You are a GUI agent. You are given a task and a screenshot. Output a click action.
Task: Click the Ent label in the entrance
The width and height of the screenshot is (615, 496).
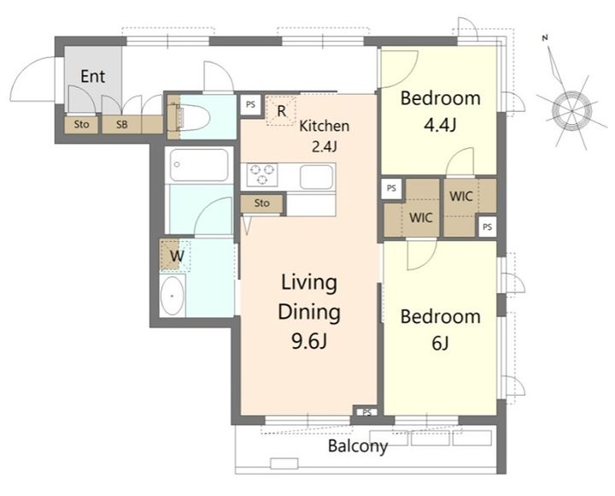click(92, 76)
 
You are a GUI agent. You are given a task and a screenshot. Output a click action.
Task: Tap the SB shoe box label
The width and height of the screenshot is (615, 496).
click(121, 125)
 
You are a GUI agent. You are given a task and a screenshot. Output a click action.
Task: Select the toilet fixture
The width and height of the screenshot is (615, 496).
click(190, 117)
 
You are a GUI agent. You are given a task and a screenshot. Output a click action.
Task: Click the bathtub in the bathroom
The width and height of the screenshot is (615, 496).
click(199, 164)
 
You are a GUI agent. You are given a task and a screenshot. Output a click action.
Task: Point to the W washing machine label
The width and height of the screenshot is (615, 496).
click(177, 256)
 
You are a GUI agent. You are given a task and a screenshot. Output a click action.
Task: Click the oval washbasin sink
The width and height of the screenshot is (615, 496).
click(173, 296)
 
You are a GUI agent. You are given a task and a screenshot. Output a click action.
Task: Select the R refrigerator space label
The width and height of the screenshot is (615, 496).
click(281, 111)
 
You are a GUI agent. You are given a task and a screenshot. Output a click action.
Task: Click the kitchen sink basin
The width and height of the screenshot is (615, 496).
click(317, 177)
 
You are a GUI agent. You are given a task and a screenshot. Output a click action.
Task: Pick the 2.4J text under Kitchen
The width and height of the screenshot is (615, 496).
click(325, 146)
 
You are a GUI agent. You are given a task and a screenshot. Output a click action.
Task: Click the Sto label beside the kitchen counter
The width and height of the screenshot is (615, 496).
click(262, 203)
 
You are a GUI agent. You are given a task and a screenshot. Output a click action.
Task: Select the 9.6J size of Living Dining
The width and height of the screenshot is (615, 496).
click(309, 341)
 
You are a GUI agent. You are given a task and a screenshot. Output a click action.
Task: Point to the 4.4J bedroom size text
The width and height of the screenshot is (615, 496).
click(440, 125)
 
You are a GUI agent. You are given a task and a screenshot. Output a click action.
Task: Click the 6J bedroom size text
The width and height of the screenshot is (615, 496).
click(440, 343)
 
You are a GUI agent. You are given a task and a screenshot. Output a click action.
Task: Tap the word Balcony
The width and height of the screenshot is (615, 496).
click(358, 446)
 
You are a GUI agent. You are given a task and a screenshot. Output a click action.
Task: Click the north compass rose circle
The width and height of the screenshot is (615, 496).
click(571, 111)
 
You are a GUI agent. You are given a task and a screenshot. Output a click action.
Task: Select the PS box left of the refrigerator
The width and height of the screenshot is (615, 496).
click(250, 105)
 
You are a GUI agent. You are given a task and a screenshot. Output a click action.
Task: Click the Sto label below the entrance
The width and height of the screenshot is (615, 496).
click(82, 125)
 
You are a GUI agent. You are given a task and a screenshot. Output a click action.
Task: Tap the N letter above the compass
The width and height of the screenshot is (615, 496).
click(545, 38)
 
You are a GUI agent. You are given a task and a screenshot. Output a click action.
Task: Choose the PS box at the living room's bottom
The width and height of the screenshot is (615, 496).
click(366, 412)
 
